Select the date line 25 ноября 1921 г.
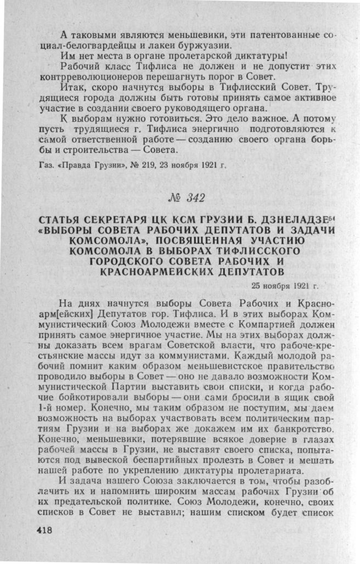pos(285,285)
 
